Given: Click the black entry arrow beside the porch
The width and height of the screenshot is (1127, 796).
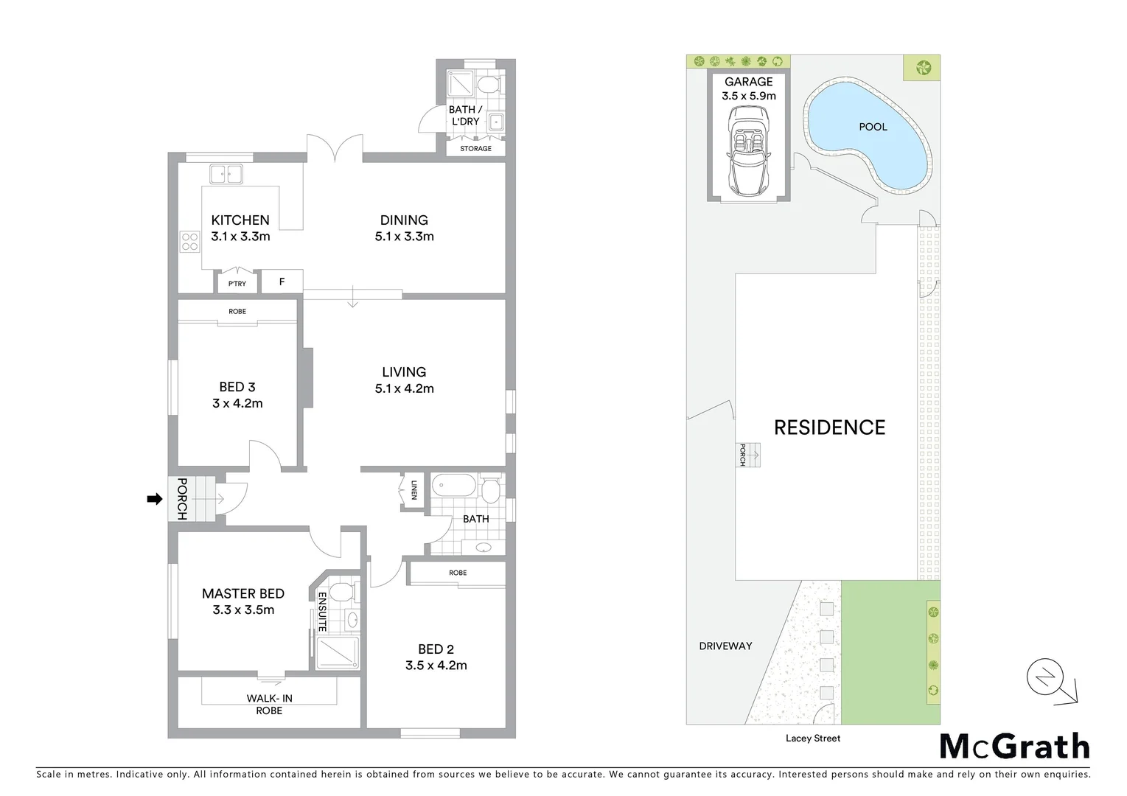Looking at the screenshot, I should (154, 500).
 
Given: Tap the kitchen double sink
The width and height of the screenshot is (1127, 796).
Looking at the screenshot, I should (226, 174).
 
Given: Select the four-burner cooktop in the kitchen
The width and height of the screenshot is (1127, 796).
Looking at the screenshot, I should (190, 242).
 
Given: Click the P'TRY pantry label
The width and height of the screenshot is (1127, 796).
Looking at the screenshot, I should (237, 284).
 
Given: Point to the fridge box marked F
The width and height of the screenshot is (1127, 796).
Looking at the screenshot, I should (282, 282).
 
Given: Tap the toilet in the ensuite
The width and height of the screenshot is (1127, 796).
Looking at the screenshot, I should (342, 590).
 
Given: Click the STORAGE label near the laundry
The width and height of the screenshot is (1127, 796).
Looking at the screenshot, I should (475, 148).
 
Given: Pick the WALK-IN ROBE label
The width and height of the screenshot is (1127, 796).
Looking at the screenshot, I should (269, 705).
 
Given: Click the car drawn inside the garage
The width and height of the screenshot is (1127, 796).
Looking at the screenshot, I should (749, 152).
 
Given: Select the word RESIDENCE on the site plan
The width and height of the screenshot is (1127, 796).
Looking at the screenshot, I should (829, 427).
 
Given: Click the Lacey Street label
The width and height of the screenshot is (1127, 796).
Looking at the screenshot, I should (813, 738).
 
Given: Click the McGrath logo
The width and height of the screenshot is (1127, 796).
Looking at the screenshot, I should (1014, 747).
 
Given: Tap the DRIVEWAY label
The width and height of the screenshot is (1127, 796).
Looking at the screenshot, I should (725, 646).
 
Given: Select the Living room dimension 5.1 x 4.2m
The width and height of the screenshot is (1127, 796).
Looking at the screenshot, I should (404, 388).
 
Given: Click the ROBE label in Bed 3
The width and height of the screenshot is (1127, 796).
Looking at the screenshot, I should (237, 312).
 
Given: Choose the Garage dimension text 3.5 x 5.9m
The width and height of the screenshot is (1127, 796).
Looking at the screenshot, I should (748, 96).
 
